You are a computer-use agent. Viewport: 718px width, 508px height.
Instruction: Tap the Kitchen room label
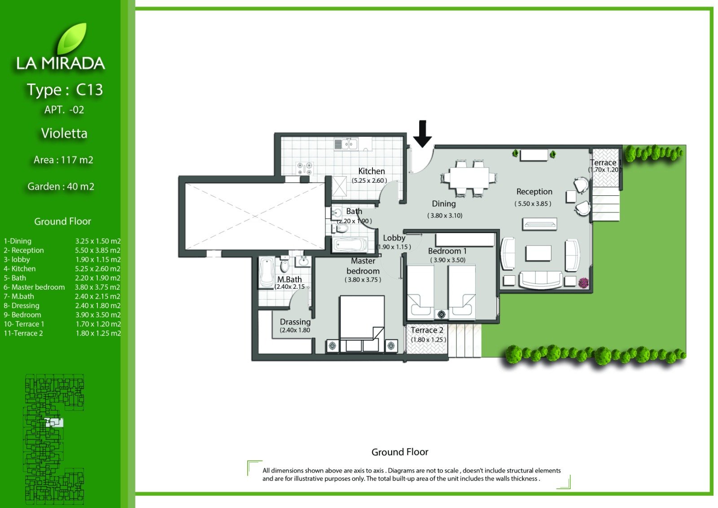371,171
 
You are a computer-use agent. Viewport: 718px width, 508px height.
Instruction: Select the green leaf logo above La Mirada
72,39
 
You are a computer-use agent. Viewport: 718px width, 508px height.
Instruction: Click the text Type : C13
65,89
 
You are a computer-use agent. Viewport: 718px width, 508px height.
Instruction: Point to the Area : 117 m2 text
63,160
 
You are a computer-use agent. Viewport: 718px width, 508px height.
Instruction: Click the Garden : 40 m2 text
61,186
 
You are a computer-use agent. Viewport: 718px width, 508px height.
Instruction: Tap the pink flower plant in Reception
584,283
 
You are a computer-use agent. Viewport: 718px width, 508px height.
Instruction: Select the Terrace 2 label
427,330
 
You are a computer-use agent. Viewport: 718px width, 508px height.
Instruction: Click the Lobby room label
394,238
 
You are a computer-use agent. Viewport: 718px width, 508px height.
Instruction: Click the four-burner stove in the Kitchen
304,168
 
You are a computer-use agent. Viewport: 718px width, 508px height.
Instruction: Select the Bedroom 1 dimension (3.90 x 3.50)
447,260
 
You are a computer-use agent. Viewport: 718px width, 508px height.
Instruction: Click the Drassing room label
295,322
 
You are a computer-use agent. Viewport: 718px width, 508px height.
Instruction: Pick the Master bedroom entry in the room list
34,287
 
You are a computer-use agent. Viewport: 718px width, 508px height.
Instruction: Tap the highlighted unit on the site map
54,422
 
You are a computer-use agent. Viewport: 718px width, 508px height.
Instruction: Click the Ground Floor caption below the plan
400,452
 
